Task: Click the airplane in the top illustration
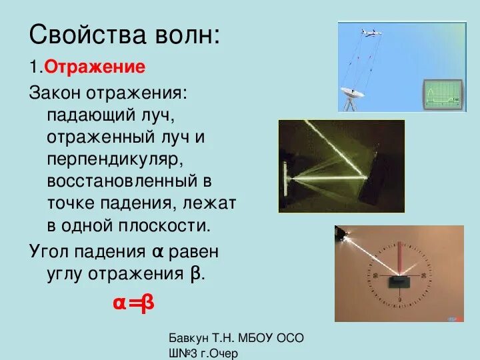pos(371,32)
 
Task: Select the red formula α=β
pos(133,303)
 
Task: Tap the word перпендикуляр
pos(111,160)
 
